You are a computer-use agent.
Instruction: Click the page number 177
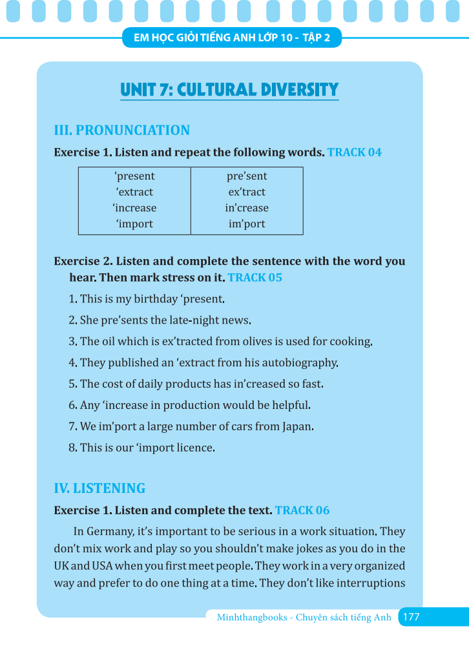411,617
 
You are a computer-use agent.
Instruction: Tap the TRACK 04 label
355,152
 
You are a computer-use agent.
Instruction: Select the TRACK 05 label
255,278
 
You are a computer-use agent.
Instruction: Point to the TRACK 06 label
302,510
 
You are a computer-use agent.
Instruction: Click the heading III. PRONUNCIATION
121,130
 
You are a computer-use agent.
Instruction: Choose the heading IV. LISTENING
99,488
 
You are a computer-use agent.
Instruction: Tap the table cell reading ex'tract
247,192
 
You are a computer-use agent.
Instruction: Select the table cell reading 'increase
134,208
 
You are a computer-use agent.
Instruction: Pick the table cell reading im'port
247,224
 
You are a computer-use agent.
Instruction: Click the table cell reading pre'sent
247,176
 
